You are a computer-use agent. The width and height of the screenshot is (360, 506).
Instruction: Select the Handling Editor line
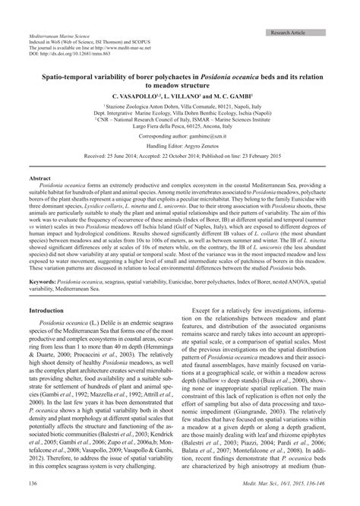[179, 143]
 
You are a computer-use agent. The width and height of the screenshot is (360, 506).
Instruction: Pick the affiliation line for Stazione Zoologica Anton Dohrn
[179, 108]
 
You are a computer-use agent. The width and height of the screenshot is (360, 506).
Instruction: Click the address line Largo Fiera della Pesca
[179, 125]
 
